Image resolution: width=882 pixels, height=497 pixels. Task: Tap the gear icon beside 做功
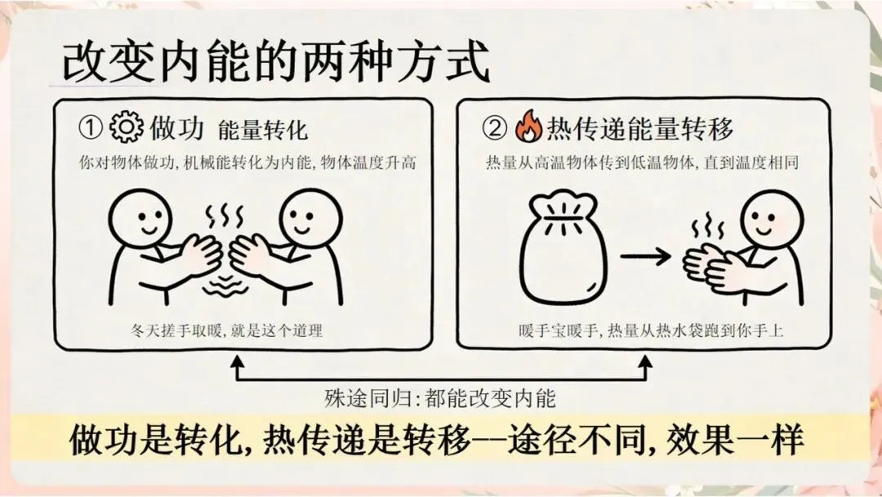pyautogui.click(x=126, y=127)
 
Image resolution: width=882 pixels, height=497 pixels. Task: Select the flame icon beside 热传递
pyautogui.click(x=528, y=126)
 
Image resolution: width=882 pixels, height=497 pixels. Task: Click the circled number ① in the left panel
pyautogui.click(x=90, y=128)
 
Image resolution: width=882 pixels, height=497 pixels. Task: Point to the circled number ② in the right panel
pyautogui.click(x=494, y=128)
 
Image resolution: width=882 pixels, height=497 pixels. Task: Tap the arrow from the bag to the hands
pyautogui.click(x=646, y=257)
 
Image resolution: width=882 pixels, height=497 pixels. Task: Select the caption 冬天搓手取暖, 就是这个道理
pyautogui.click(x=227, y=330)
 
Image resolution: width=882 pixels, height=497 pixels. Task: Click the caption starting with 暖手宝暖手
pyautogui.click(x=651, y=330)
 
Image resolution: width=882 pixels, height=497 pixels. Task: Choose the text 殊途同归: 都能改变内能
pyautogui.click(x=440, y=399)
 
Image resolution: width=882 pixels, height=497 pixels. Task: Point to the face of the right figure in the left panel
pyautogui.click(x=310, y=217)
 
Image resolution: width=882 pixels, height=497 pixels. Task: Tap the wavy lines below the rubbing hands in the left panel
pyautogui.click(x=225, y=285)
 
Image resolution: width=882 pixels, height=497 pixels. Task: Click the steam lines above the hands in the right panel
pyautogui.click(x=707, y=226)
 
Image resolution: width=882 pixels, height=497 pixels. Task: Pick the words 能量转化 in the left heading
pyautogui.click(x=263, y=130)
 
